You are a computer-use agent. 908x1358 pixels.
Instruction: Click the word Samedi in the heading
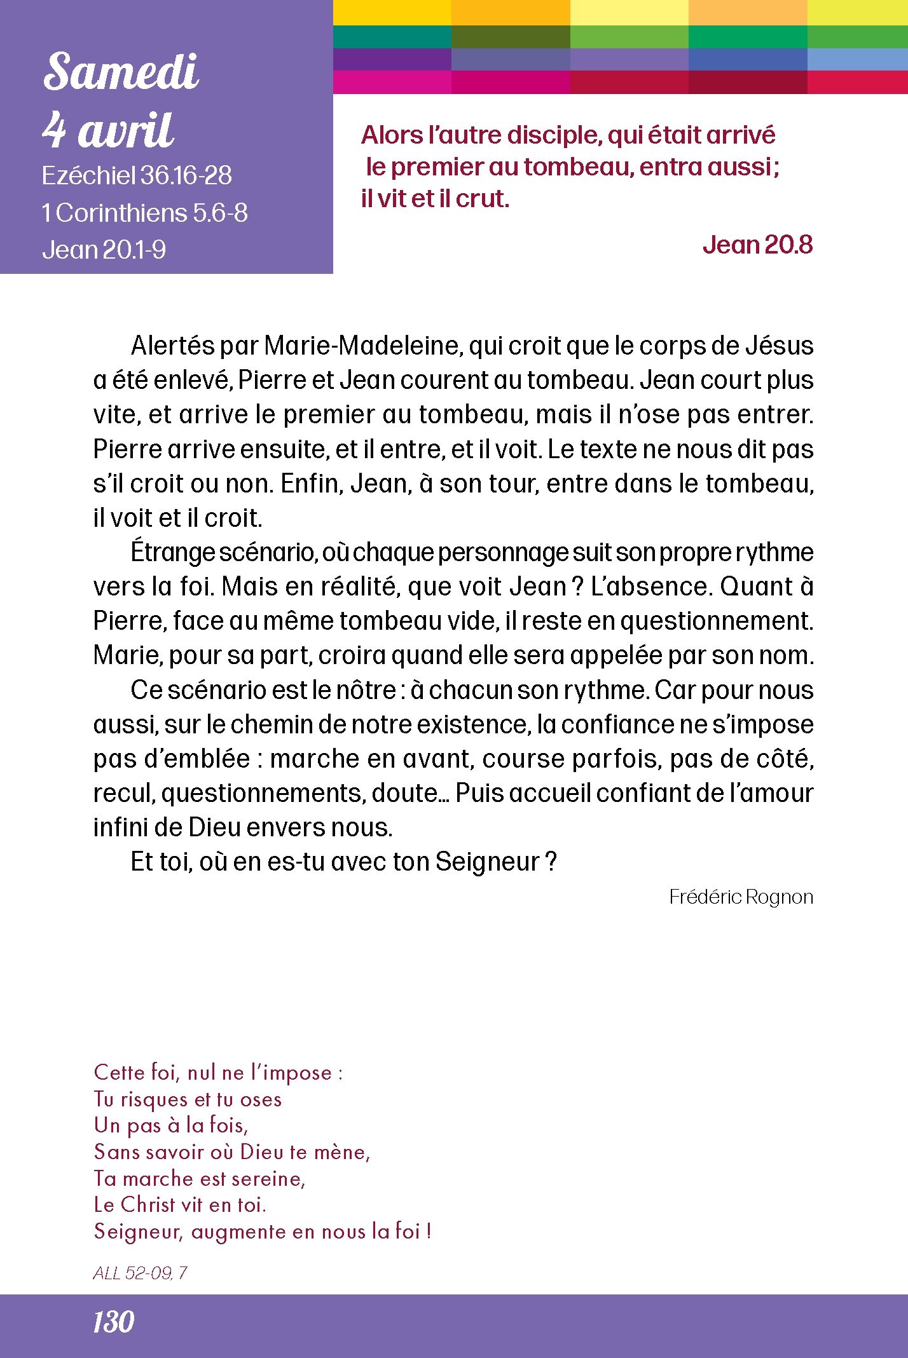(121, 71)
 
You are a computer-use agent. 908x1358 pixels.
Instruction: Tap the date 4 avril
(108, 130)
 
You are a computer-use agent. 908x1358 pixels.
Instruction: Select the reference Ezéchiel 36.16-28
(137, 176)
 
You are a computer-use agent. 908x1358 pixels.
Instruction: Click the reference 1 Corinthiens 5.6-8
(144, 213)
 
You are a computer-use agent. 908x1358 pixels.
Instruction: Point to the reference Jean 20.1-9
(104, 250)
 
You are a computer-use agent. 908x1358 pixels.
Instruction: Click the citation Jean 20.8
(757, 245)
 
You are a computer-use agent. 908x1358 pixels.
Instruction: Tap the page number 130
(113, 1322)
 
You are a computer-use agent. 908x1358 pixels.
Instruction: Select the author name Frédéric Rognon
(741, 897)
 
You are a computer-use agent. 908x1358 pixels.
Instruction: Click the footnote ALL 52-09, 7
(140, 1273)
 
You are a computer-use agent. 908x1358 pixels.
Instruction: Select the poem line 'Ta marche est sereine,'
(200, 1178)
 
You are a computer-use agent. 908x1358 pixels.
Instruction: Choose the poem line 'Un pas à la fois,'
(170, 1125)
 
